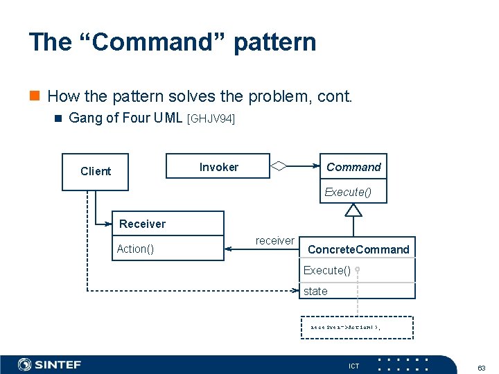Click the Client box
pos(96,172)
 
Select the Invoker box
pos(218,167)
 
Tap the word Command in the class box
pos(353,167)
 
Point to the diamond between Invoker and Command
pos(278,166)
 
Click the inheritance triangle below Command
pos(353,210)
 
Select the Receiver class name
pos(142,224)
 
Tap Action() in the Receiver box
pos(135,249)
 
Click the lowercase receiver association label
pos(274,240)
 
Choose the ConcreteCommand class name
pos(358,249)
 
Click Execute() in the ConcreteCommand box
pos(326,270)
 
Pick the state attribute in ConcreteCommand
pos(315,291)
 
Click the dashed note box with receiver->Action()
pos(357,327)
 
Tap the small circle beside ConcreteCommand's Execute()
pos(358,269)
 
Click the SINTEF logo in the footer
pos(50,364)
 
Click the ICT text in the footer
pos(353,365)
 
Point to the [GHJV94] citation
pos(211,119)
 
